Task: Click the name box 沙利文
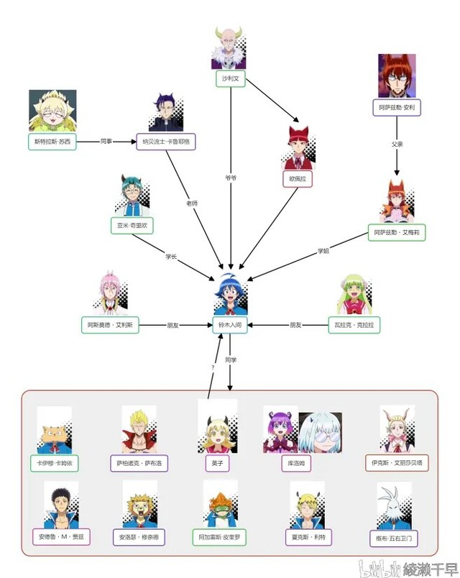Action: click(230, 79)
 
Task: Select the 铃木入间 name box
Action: click(230, 325)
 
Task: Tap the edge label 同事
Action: click(106, 142)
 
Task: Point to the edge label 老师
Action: click(191, 203)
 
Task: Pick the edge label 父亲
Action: click(397, 144)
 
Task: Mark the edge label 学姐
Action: click(324, 251)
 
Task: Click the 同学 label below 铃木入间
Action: click(230, 359)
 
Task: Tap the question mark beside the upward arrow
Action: click(213, 367)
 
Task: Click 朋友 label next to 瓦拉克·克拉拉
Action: click(296, 325)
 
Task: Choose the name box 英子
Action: click(217, 464)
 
